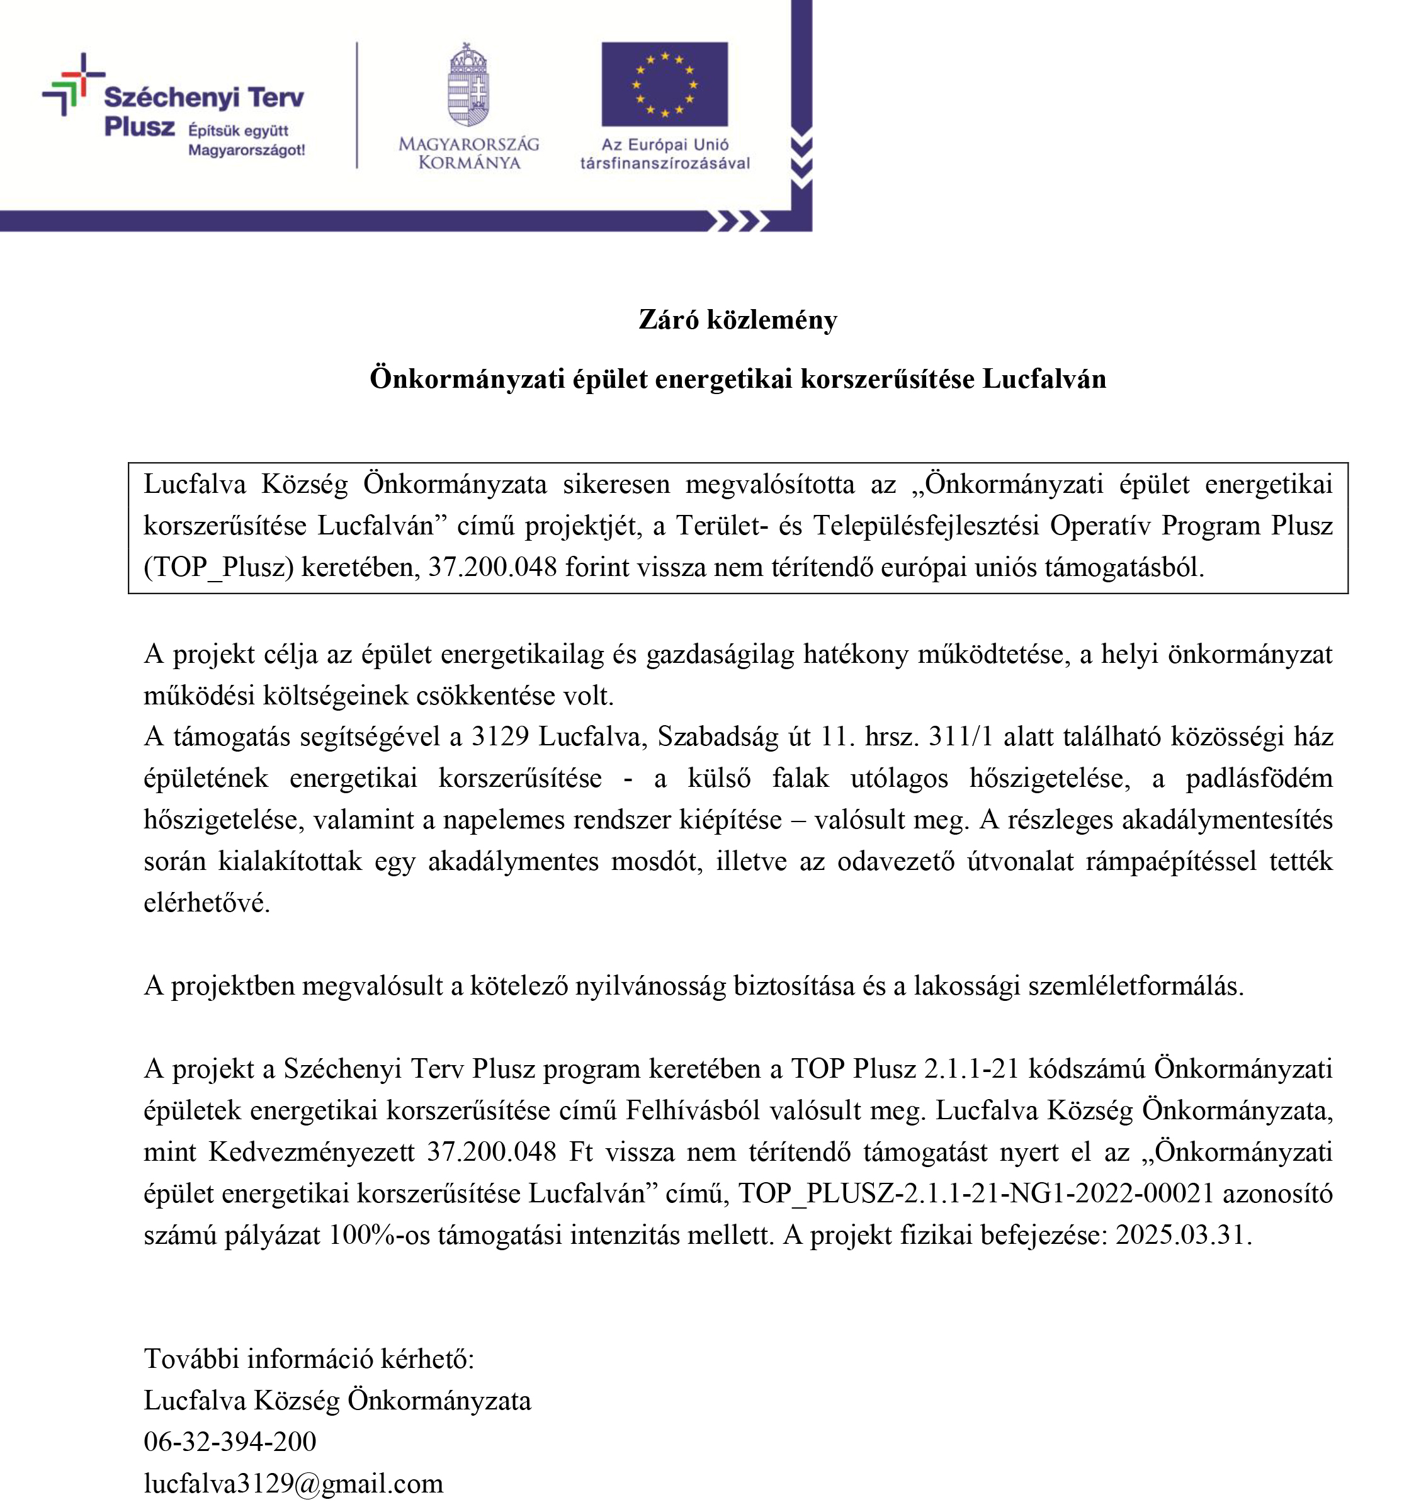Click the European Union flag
(x=664, y=84)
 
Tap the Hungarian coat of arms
(x=468, y=85)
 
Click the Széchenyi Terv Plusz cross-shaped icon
(x=72, y=83)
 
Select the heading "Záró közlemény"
(x=738, y=320)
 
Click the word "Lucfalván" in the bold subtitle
(x=1044, y=379)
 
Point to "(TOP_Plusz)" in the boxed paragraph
(x=218, y=567)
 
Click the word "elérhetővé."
(x=207, y=903)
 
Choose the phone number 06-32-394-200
(x=230, y=1442)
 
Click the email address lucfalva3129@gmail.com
(x=293, y=1484)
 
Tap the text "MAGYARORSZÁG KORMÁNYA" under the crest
(x=468, y=153)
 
